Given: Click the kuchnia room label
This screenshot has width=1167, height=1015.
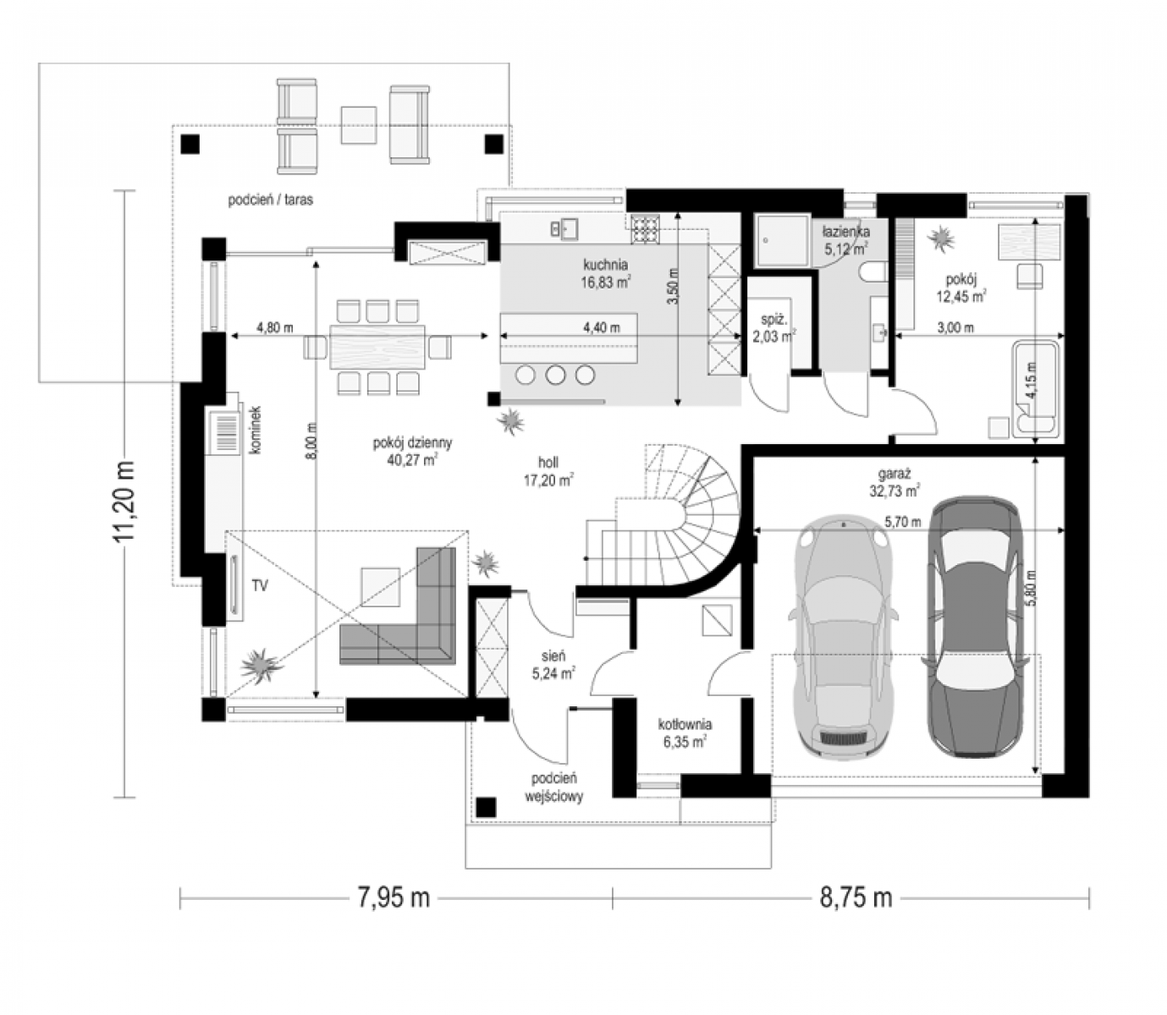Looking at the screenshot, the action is [605, 265].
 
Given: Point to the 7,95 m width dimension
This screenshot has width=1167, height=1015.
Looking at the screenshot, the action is [394, 897].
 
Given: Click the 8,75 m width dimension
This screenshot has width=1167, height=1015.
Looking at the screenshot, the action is [856, 897].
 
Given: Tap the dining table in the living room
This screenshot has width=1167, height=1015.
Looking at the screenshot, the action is [377, 346].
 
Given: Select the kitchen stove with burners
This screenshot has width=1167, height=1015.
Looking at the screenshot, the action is [645, 229].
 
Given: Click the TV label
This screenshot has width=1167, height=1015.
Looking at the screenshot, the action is [260, 585].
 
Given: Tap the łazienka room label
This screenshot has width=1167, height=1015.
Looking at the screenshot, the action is [846, 232].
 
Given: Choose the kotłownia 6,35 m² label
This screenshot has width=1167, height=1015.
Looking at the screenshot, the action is [685, 732].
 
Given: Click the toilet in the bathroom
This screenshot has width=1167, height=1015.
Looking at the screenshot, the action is [874, 272].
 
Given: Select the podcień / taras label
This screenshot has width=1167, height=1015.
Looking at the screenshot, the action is [270, 200].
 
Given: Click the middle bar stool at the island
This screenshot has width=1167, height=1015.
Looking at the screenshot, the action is [555, 375].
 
